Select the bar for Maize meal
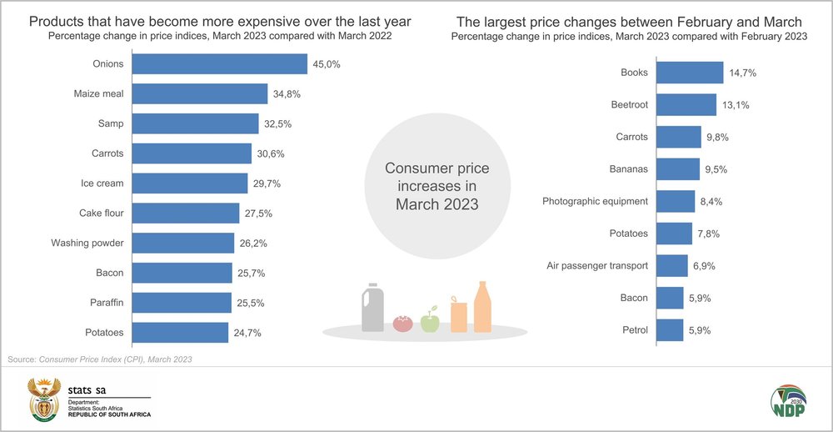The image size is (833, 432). [x=200, y=94]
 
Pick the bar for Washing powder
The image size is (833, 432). [x=183, y=243]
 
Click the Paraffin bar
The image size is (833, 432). [x=182, y=303]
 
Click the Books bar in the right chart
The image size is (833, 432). [x=690, y=73]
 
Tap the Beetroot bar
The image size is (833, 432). [x=686, y=104]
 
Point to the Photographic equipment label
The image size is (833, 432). [x=595, y=201]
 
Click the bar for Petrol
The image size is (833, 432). [x=670, y=330]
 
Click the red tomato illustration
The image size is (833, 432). [x=404, y=322]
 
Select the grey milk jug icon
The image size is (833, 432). [x=372, y=309]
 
